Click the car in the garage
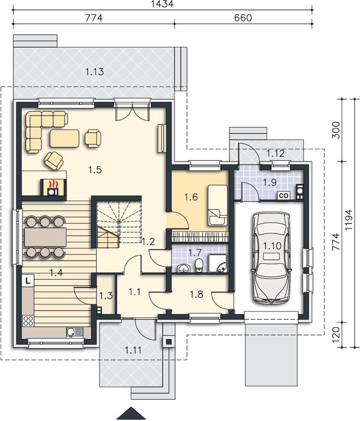tap(271, 258)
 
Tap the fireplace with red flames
tap(53, 187)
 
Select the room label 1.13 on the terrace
tap(94, 71)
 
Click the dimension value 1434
tap(163, 4)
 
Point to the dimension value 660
tap(243, 17)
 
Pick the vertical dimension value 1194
tap(349, 219)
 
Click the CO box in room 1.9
tap(284, 195)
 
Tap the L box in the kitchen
tap(28, 281)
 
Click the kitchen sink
tap(75, 332)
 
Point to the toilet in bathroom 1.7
tap(199, 266)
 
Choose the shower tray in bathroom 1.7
tap(218, 263)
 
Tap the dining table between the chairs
tap(45, 237)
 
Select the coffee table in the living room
tap(64, 139)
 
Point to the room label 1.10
tap(272, 245)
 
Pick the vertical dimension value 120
tap(336, 334)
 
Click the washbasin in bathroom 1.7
tap(184, 268)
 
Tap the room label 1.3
tap(106, 296)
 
